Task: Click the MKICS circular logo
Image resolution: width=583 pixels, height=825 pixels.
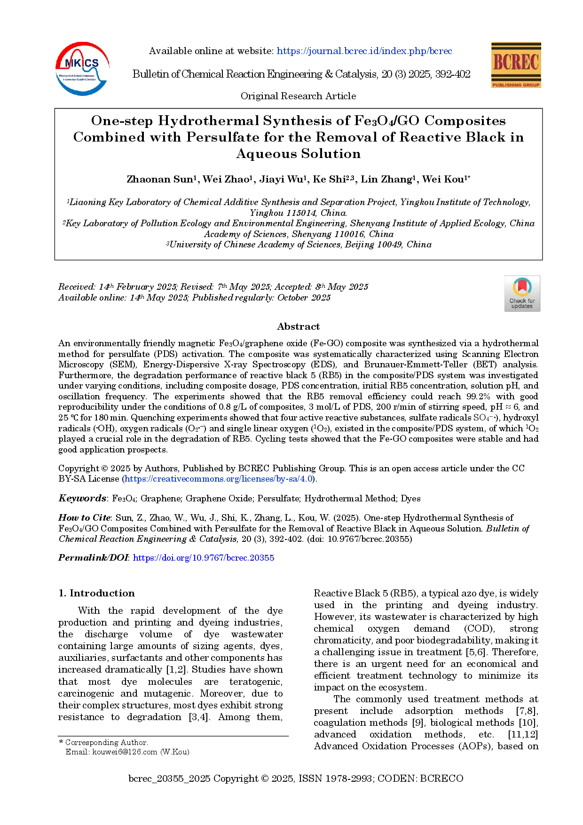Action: [x=82, y=69]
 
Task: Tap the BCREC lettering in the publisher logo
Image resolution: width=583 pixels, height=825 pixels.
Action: [x=515, y=62]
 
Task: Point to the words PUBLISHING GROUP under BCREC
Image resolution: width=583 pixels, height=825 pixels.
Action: [x=515, y=85]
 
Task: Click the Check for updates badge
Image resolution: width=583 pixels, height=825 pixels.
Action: [x=522, y=294]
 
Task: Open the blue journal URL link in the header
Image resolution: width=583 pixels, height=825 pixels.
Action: [x=364, y=51]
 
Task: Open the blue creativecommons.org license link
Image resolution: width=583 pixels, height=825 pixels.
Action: [x=219, y=479]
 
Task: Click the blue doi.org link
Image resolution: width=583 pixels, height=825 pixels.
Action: [x=204, y=557]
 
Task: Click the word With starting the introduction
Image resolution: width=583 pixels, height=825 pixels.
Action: [x=89, y=611]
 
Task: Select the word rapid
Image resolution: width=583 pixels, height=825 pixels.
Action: [x=142, y=611]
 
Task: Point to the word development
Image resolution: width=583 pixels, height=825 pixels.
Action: [x=191, y=611]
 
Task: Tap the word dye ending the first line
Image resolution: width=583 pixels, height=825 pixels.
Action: [x=275, y=611]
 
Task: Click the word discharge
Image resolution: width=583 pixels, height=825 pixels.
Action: [x=106, y=634]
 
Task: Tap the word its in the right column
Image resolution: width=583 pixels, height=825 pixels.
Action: [x=532, y=676]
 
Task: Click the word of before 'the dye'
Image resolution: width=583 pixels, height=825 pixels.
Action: [x=232, y=611]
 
